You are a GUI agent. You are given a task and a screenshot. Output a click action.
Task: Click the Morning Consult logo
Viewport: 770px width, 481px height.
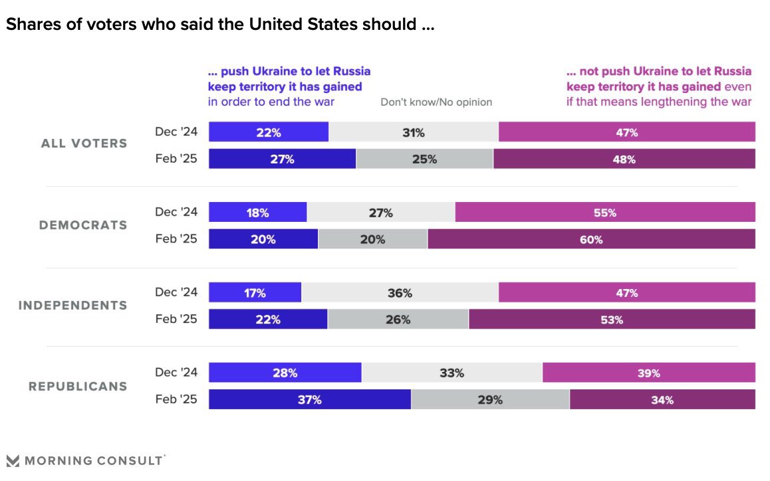point(84,460)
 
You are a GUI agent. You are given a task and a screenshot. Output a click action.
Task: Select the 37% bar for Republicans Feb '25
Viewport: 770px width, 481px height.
point(310,399)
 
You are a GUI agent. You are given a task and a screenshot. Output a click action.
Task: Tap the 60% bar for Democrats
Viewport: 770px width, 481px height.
point(591,239)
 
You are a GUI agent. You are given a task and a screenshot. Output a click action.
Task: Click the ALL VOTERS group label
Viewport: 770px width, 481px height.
point(84,144)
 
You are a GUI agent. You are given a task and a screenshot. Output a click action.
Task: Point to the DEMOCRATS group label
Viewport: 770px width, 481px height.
point(83,225)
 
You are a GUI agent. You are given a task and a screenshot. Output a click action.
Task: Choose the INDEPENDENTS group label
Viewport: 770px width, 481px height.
point(72,305)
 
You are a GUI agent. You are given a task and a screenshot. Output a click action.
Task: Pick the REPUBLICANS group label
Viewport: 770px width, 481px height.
point(78,386)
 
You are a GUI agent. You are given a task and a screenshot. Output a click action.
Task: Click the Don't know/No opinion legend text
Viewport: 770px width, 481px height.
point(436,102)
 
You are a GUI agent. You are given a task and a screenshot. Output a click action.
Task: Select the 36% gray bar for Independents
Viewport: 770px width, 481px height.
point(400,292)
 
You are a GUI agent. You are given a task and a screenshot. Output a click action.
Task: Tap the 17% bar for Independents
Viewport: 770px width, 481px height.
point(255,292)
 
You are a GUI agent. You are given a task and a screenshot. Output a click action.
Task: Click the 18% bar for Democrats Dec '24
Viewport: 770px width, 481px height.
point(257,213)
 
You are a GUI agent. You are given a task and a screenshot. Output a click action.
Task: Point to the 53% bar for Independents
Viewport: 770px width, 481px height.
point(612,320)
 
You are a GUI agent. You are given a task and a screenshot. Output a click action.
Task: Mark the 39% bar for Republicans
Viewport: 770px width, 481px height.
point(648,373)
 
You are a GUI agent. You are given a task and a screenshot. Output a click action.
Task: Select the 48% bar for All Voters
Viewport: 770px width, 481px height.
point(624,159)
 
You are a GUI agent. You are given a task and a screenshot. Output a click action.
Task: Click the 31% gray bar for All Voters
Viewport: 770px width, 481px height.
point(413,132)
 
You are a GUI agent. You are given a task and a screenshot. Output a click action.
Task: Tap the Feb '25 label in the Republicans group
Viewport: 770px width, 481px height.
point(176,399)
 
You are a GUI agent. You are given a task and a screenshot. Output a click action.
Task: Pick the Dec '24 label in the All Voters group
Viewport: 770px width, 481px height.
point(176,132)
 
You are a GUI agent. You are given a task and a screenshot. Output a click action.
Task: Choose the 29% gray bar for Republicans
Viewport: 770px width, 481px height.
point(490,399)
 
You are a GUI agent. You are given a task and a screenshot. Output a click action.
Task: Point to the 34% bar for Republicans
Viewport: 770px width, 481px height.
point(662,399)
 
